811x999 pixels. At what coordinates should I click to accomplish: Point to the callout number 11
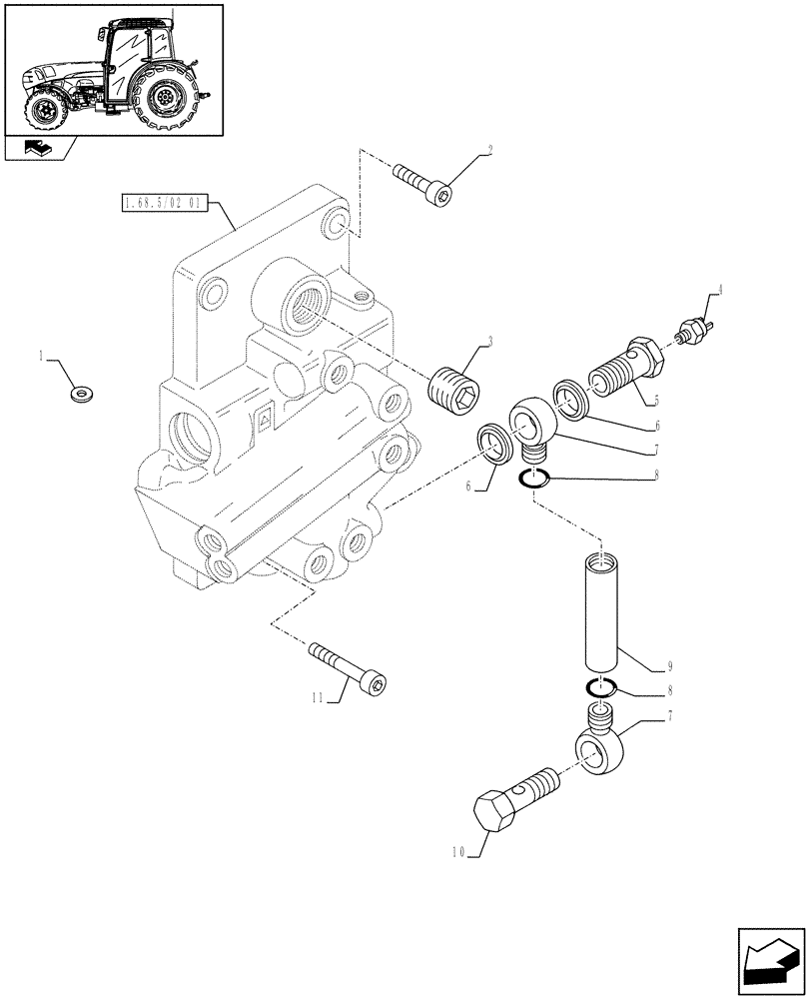click(317, 699)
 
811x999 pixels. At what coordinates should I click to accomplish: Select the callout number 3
click(488, 340)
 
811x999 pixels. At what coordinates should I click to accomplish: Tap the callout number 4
click(716, 291)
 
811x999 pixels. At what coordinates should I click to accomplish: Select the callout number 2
click(488, 151)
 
